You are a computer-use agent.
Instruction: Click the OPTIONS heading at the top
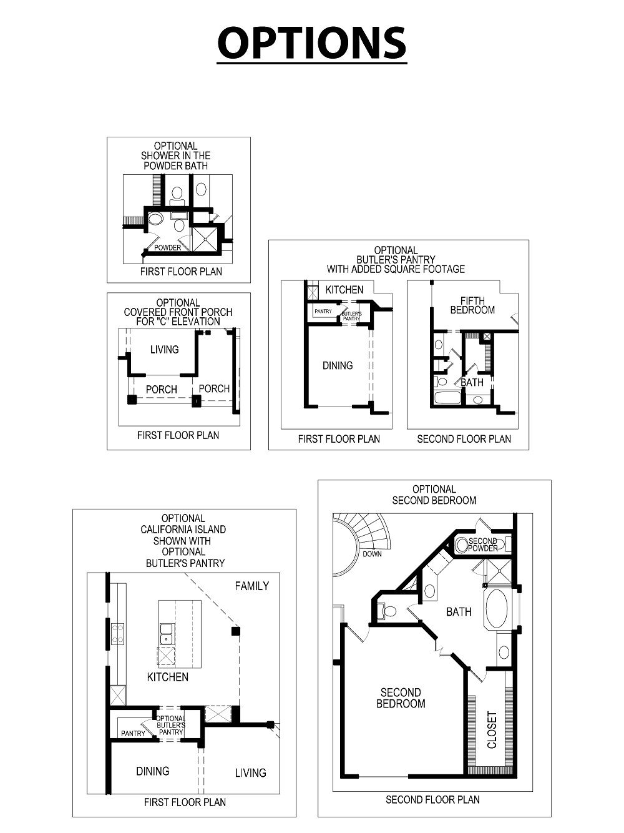pyautogui.click(x=311, y=42)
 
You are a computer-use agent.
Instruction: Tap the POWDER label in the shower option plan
pyautogui.click(x=168, y=248)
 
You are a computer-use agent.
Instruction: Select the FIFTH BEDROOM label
pyautogui.click(x=472, y=305)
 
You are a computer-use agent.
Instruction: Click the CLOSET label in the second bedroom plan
pyautogui.click(x=492, y=729)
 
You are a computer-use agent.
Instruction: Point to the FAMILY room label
pyautogui.click(x=251, y=586)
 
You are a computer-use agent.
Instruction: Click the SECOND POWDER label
pyautogui.click(x=483, y=545)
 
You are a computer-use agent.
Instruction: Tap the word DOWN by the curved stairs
pyautogui.click(x=372, y=554)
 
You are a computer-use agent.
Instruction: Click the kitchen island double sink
pyautogui.click(x=167, y=633)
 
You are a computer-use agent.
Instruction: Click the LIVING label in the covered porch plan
pyautogui.click(x=164, y=350)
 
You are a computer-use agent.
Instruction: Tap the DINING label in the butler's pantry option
pyautogui.click(x=338, y=365)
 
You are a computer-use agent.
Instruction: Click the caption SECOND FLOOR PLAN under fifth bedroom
pyautogui.click(x=464, y=439)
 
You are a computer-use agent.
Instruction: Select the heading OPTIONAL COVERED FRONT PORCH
pyautogui.click(x=178, y=312)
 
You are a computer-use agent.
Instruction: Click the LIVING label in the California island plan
pyautogui.click(x=250, y=772)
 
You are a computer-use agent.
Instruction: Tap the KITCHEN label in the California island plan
pyautogui.click(x=167, y=677)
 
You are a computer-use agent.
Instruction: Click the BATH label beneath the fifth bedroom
pyautogui.click(x=472, y=382)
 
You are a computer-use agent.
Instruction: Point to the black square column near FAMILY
pyautogui.click(x=236, y=631)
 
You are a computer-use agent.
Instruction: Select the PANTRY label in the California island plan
pyautogui.click(x=133, y=734)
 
